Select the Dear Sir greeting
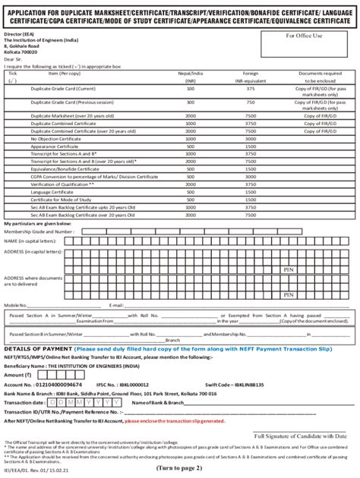pos(12,58)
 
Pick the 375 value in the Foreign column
pos(250,87)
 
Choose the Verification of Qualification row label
pos(62,184)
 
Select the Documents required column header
pos(314,73)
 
